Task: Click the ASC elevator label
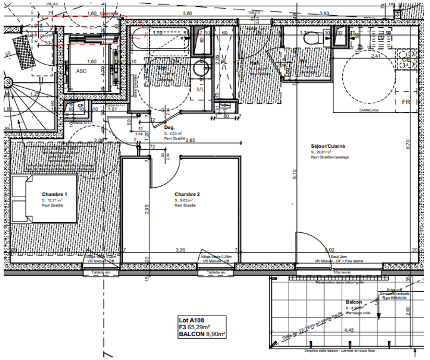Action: pos(81,70)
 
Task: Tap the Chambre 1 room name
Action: pos(55,194)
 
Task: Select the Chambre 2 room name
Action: pos(187,194)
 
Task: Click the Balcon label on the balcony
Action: pos(354,302)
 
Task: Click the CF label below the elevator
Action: pos(80,105)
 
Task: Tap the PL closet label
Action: pos(224,62)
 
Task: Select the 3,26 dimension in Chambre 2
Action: pos(181,250)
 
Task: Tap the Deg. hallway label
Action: pos(169,127)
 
